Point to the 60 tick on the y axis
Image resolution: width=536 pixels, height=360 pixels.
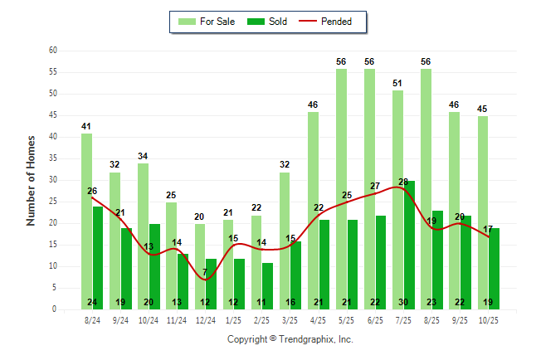pos(52,51)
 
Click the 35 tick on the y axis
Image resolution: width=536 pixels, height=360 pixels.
pos(52,158)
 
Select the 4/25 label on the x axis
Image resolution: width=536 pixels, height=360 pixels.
pos(319,319)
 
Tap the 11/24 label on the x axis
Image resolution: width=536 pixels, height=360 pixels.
pos(177,319)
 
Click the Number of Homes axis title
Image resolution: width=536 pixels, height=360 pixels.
pos(31,180)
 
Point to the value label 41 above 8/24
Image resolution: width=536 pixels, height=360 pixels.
pos(86,126)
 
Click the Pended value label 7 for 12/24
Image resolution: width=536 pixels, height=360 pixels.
pos(205,272)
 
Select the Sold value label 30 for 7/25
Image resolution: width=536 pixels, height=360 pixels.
pos(410,302)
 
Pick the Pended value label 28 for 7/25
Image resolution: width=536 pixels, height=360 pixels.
pos(404,182)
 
